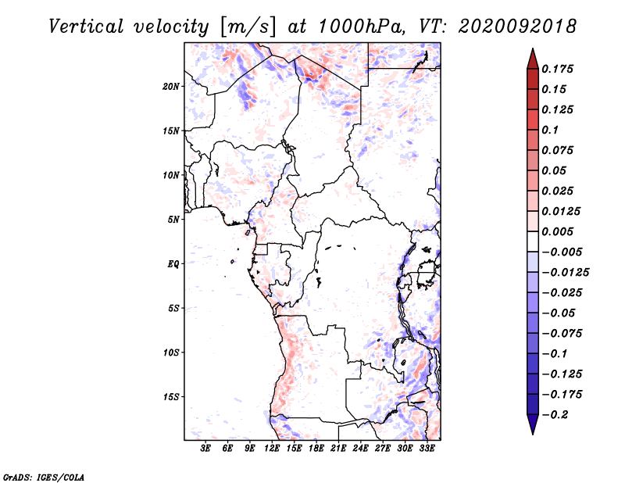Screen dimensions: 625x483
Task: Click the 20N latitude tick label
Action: click(171, 87)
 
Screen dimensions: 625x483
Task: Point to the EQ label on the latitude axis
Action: click(173, 264)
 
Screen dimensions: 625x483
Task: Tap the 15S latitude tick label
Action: click(171, 397)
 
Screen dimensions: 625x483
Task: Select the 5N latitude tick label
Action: click(173, 220)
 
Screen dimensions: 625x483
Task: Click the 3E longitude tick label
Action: click(205, 449)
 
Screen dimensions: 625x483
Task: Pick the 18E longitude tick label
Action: click(316, 449)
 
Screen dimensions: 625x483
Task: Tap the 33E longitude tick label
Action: click(427, 449)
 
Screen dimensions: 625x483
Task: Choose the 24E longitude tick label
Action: click(360, 449)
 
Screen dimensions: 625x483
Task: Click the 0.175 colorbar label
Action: click(557, 69)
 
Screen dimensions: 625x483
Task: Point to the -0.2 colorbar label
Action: click(555, 415)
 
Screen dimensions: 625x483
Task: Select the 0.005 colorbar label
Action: click(557, 231)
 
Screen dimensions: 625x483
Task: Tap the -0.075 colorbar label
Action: click(562, 334)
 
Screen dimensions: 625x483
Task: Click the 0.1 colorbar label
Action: click(550, 130)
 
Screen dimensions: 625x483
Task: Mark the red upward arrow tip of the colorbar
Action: click(533, 49)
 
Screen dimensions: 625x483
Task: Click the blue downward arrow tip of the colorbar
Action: click(533, 434)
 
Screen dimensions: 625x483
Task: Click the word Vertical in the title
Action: click(85, 27)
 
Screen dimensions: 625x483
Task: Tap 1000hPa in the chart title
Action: click(359, 27)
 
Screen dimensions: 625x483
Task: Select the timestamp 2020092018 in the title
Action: click(517, 27)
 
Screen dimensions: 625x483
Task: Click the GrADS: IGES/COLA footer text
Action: click(43, 477)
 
